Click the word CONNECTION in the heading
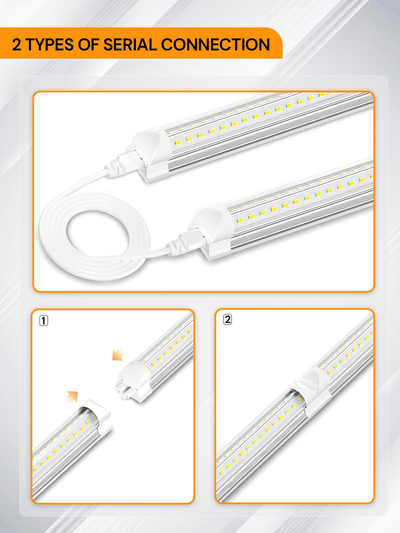click(215, 45)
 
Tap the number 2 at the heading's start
click(16, 45)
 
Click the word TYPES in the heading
click(50, 45)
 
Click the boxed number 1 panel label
click(43, 321)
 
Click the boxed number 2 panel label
click(228, 319)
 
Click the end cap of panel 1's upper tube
click(137, 373)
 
